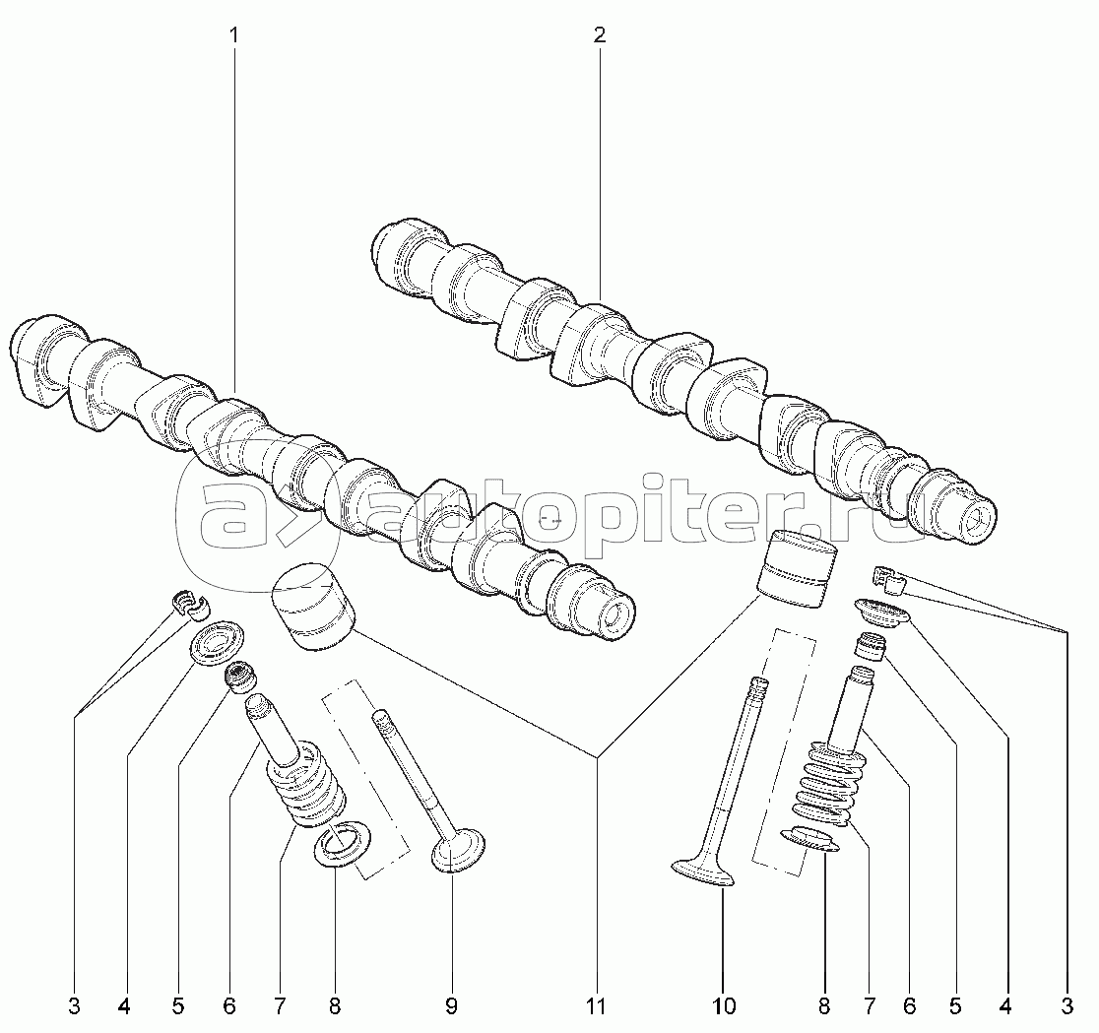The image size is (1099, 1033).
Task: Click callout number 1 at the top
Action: tap(233, 35)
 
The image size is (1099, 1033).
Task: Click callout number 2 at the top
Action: tap(600, 35)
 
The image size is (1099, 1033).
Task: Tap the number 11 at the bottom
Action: tap(595, 1006)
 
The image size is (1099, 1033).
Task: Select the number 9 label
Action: tap(451, 1006)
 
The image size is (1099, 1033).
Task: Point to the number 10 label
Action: tap(724, 1006)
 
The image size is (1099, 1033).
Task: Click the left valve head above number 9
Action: tap(458, 850)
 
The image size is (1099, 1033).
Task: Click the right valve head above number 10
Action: tap(703, 872)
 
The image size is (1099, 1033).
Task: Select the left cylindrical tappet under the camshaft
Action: tap(312, 605)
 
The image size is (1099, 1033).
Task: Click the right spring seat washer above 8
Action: tap(810, 840)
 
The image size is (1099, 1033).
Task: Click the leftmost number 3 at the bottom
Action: tap(74, 1006)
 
